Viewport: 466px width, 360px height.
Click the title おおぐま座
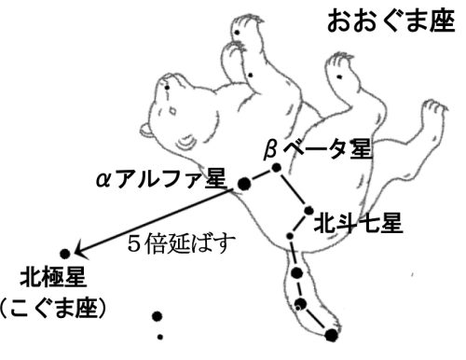pyautogui.click(x=391, y=21)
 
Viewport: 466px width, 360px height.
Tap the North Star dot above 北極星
pyautogui.click(x=65, y=254)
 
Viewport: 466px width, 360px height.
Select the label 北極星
pyautogui.click(x=53, y=277)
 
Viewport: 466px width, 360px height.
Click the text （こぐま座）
pyautogui.click(x=53, y=309)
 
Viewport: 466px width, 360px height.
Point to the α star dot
pyautogui.click(x=244, y=184)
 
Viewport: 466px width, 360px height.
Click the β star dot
pyautogui.click(x=276, y=168)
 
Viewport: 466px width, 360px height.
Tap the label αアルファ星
pyautogui.click(x=160, y=179)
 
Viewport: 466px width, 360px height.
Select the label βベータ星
pyautogui.click(x=317, y=149)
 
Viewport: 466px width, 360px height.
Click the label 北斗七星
pyautogui.click(x=358, y=223)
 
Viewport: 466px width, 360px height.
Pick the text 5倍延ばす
pyautogui.click(x=182, y=242)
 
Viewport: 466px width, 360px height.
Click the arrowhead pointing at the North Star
pyautogui.click(x=81, y=250)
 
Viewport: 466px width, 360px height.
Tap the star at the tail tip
pyautogui.click(x=332, y=335)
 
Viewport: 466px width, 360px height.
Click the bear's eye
pyautogui.click(x=172, y=110)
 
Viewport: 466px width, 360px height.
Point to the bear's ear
pyautogui.click(x=146, y=131)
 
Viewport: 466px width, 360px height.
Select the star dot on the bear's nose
pyautogui.click(x=167, y=88)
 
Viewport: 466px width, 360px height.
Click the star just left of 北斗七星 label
pyautogui.click(x=308, y=211)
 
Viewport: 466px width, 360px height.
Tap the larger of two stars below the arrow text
pyautogui.click(x=158, y=316)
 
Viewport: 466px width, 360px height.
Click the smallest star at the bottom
pyautogui.click(x=160, y=337)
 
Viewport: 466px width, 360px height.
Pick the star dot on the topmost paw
pyautogui.click(x=237, y=32)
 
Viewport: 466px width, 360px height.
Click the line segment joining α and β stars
pyautogui.click(x=260, y=176)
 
